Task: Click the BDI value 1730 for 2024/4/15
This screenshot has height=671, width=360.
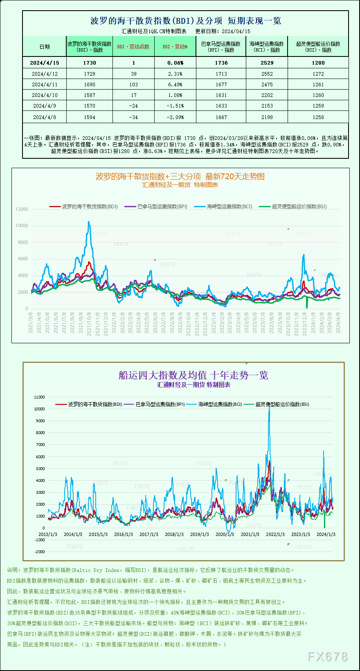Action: [x=89, y=63]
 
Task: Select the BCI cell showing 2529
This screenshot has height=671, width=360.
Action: [x=267, y=63]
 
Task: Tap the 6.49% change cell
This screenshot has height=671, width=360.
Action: [x=175, y=84]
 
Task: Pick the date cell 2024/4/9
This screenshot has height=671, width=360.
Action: [x=44, y=106]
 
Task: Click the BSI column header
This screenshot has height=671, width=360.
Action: [x=318, y=47]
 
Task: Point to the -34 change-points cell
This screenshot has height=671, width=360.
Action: [x=133, y=117]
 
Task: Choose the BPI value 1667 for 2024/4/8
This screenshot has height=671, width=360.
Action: [x=221, y=117]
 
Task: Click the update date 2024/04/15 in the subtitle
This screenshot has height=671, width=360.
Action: [x=236, y=31]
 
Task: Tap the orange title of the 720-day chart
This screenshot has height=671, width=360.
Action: [x=180, y=176]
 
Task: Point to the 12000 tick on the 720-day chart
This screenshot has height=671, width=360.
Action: [x=22, y=209]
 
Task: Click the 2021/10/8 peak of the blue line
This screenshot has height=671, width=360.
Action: [x=89, y=222]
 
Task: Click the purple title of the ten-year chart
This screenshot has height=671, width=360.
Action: [x=193, y=375]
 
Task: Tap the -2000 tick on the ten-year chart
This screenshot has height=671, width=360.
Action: [x=40, y=552]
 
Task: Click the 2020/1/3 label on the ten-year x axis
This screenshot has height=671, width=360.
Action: [x=225, y=534]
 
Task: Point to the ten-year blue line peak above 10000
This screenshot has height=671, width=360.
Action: [x=269, y=408]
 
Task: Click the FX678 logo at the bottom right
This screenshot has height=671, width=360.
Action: [x=327, y=657]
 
